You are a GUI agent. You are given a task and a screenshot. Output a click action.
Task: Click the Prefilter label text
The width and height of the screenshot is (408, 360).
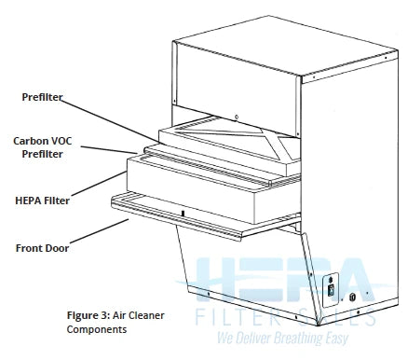pyautogui.click(x=43, y=97)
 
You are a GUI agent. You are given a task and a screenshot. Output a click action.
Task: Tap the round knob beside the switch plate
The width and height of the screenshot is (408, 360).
pyautogui.click(x=352, y=298)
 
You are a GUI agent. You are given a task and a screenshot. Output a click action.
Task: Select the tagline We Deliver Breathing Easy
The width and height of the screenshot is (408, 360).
pyautogui.click(x=285, y=339)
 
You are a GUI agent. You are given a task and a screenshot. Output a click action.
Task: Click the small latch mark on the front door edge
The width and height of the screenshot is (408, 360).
pyautogui.click(x=183, y=214)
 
